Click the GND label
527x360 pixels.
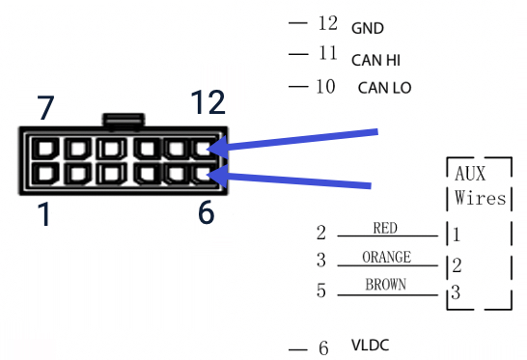pyautogui.click(x=368, y=28)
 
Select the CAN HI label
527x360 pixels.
pyautogui.click(x=377, y=60)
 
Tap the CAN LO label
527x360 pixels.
pyautogui.click(x=384, y=88)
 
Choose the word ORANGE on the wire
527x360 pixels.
pyautogui.click(x=386, y=257)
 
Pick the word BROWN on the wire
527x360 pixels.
pyautogui.click(x=386, y=285)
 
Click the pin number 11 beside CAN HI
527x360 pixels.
pyautogui.click(x=327, y=56)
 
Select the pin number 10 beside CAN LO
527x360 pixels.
pyautogui.click(x=325, y=87)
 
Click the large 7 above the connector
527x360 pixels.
pyautogui.click(x=45, y=108)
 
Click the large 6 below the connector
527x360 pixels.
pyautogui.click(x=206, y=211)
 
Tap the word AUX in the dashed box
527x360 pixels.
pyautogui.click(x=473, y=174)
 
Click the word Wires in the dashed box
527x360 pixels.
pyautogui.click(x=480, y=199)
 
